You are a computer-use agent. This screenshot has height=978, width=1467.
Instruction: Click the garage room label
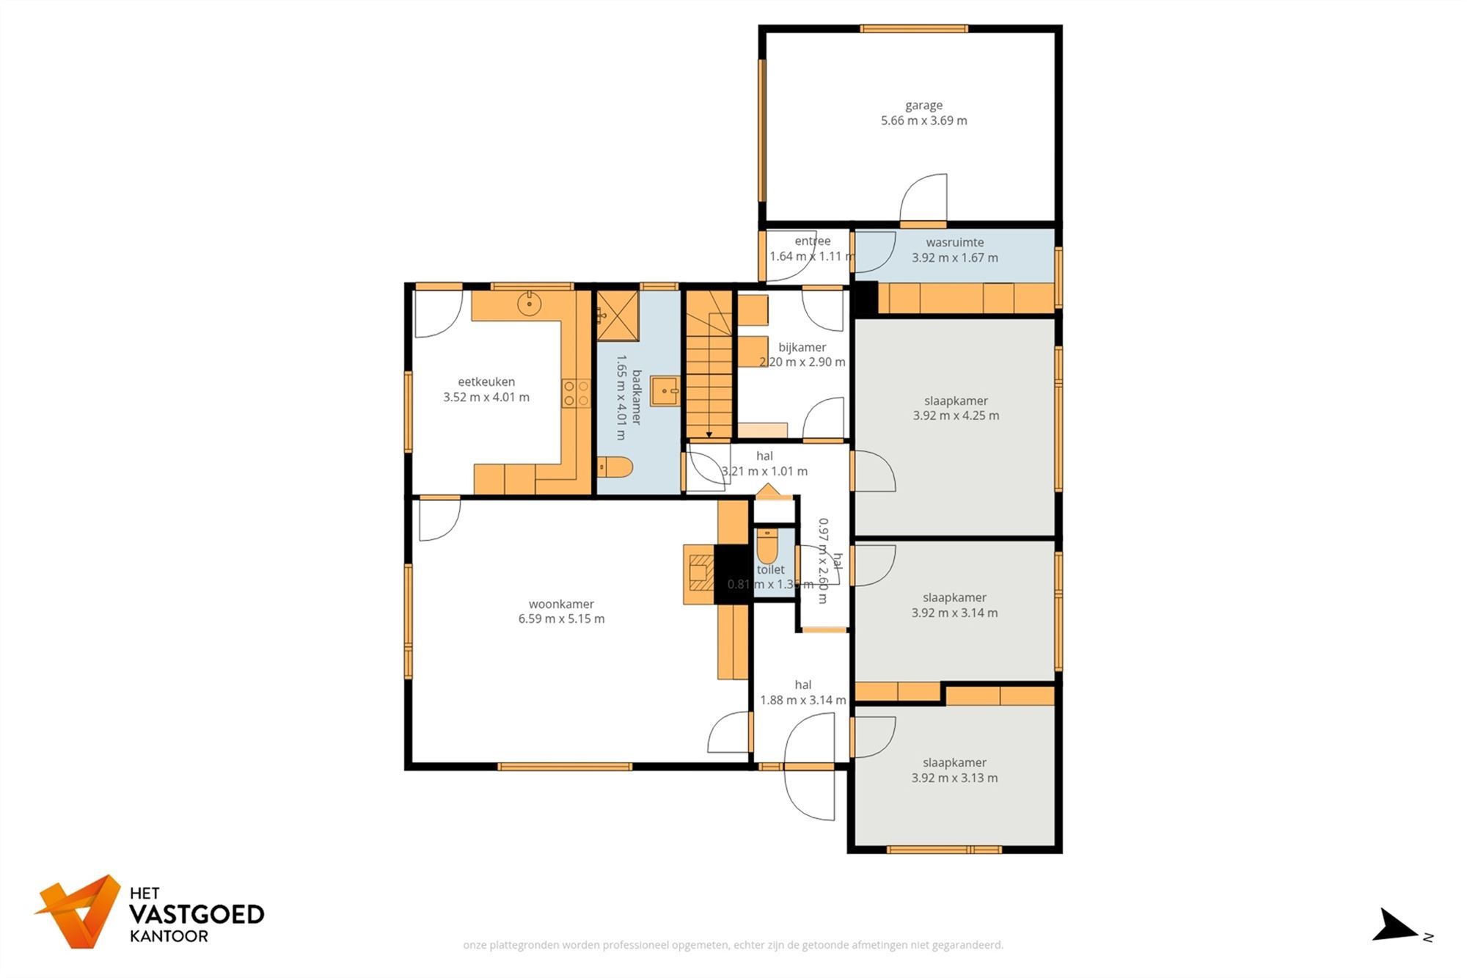923,106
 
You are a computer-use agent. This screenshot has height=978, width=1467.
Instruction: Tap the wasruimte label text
954,243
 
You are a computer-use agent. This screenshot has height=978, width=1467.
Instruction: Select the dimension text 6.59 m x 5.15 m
561,619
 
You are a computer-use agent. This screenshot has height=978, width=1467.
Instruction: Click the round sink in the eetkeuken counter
529,303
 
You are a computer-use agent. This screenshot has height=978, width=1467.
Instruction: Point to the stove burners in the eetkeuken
577,393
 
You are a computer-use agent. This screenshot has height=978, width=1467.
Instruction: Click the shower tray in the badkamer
617,315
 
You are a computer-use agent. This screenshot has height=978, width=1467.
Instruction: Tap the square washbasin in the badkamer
665,390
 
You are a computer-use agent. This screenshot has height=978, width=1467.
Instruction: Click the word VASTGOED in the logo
197,915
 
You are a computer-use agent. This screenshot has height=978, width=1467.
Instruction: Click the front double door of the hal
809,767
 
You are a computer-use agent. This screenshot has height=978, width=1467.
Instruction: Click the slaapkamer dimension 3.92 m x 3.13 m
954,778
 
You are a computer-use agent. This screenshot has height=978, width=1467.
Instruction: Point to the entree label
812,241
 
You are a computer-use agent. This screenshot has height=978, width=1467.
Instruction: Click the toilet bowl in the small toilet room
767,546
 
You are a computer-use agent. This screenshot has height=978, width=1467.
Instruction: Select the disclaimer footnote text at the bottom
733,945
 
